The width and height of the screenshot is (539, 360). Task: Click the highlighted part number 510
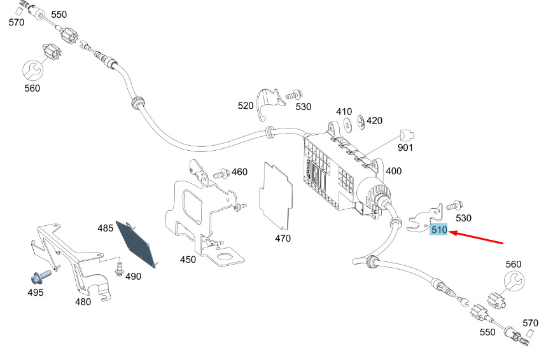439,230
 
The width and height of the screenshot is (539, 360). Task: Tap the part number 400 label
394,171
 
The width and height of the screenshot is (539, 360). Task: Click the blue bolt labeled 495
41,277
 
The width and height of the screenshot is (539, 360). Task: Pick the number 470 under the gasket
283,239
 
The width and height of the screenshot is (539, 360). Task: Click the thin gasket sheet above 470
276,196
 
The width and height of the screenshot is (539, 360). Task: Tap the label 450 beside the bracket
188,260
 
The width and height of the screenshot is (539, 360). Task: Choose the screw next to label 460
221,174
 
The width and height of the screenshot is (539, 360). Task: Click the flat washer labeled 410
348,125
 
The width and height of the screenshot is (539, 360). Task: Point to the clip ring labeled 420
361,123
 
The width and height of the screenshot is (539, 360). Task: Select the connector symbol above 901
407,135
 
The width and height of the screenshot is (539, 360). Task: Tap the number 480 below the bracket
83,301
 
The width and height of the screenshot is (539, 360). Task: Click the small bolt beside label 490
120,269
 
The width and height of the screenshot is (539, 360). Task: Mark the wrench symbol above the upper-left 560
33,71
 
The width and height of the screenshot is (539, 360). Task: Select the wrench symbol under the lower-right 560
514,281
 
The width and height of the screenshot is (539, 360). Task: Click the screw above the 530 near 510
454,205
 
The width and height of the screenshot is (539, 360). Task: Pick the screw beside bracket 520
294,95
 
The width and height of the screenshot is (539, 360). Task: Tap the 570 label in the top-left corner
17,22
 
